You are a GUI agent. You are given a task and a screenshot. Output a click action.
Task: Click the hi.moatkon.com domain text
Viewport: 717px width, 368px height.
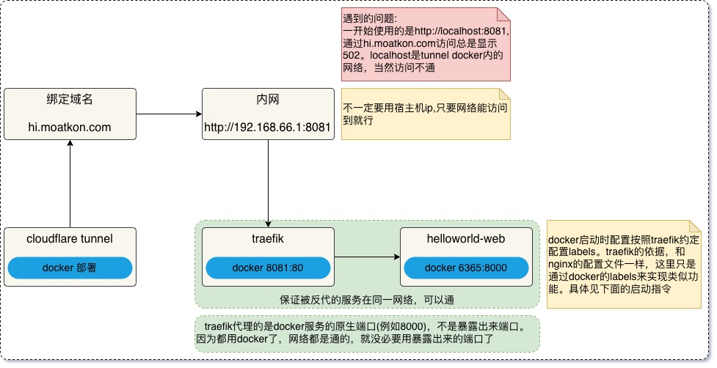(x=70, y=128)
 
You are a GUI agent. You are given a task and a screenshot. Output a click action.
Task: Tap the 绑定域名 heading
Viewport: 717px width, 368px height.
(x=70, y=100)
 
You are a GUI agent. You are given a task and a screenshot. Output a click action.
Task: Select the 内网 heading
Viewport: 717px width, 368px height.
(x=268, y=100)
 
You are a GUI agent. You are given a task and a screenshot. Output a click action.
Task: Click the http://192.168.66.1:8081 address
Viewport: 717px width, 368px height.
(x=268, y=128)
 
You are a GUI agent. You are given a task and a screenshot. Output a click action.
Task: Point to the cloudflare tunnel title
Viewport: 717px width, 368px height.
(x=70, y=238)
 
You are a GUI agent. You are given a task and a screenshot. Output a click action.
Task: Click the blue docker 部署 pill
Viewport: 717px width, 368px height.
(x=70, y=268)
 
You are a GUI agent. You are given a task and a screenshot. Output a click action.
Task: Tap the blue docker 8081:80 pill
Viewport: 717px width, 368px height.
(x=267, y=268)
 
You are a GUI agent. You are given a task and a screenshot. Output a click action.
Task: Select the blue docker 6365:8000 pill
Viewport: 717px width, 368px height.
(x=465, y=268)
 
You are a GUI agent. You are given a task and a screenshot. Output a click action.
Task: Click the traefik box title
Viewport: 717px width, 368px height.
(x=267, y=238)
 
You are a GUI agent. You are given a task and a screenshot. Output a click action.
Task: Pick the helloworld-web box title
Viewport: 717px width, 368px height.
(x=465, y=238)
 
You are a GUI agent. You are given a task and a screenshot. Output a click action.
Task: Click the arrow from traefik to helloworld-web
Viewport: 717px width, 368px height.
(x=367, y=257)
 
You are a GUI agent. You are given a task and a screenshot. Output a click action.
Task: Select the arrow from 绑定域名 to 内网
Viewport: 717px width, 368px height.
(x=169, y=114)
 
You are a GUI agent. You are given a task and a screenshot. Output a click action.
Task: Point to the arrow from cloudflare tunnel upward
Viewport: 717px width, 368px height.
(x=70, y=183)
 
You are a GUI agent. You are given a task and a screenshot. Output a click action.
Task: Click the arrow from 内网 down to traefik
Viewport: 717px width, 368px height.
(x=268, y=183)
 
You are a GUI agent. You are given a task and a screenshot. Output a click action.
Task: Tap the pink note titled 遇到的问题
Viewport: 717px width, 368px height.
(x=426, y=44)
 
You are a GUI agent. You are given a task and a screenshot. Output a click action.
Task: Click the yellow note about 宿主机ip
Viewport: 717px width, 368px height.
(x=426, y=114)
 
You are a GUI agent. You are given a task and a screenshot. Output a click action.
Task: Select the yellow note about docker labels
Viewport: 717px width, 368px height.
(x=624, y=264)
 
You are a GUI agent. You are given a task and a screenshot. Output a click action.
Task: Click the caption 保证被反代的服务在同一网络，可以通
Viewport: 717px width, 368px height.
(x=367, y=300)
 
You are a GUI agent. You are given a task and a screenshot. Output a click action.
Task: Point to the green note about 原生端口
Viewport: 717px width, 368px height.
(x=367, y=333)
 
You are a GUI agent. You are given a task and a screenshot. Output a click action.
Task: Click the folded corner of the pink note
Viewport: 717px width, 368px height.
(x=503, y=13)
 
